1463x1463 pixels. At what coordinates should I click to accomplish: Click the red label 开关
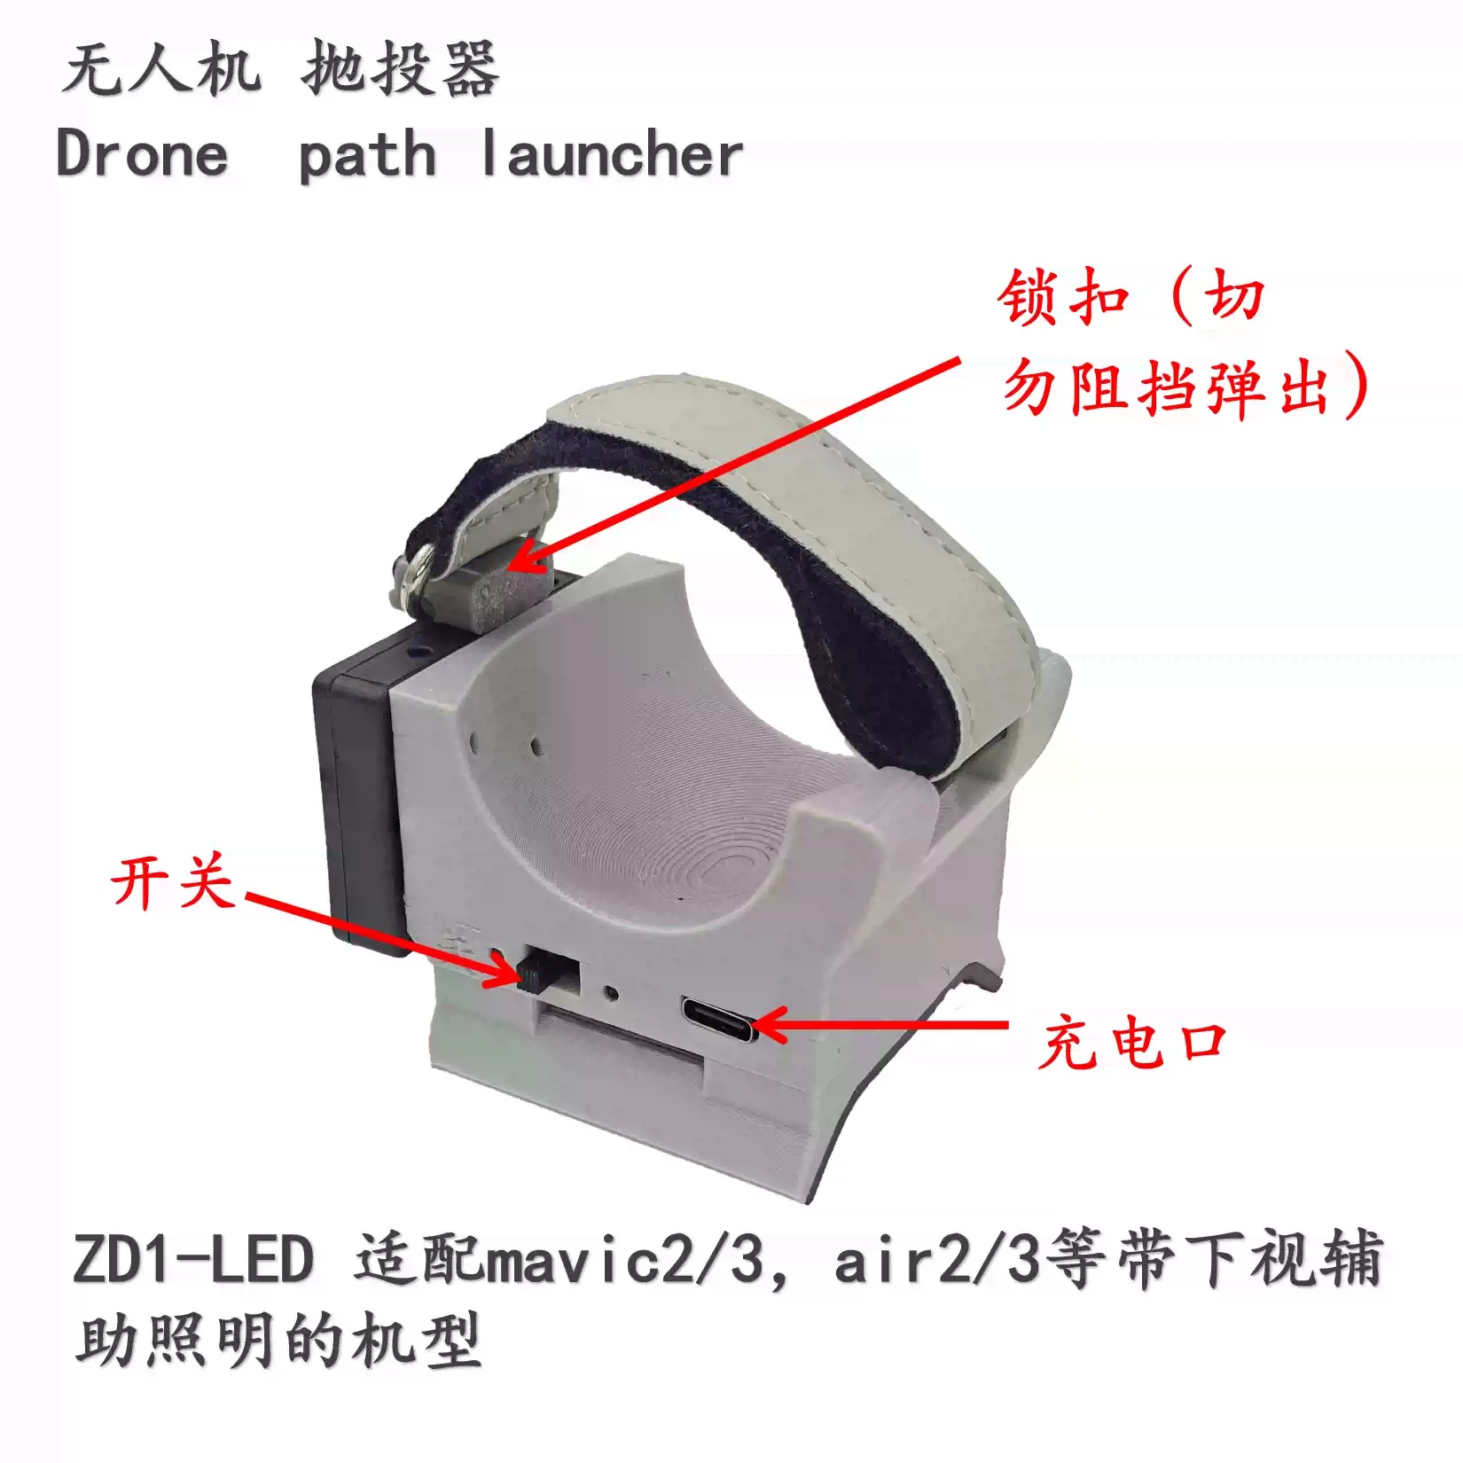(x=173, y=882)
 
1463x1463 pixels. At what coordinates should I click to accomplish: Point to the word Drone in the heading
(x=142, y=154)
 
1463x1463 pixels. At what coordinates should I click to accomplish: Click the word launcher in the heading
(x=611, y=154)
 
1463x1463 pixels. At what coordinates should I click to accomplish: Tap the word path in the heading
(x=367, y=156)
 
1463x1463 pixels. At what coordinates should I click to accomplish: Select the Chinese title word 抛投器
(x=400, y=69)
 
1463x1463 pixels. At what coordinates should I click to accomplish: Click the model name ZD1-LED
(x=193, y=1259)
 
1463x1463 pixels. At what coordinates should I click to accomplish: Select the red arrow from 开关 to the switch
(x=381, y=939)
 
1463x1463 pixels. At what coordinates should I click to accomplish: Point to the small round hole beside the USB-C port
(x=610, y=992)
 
